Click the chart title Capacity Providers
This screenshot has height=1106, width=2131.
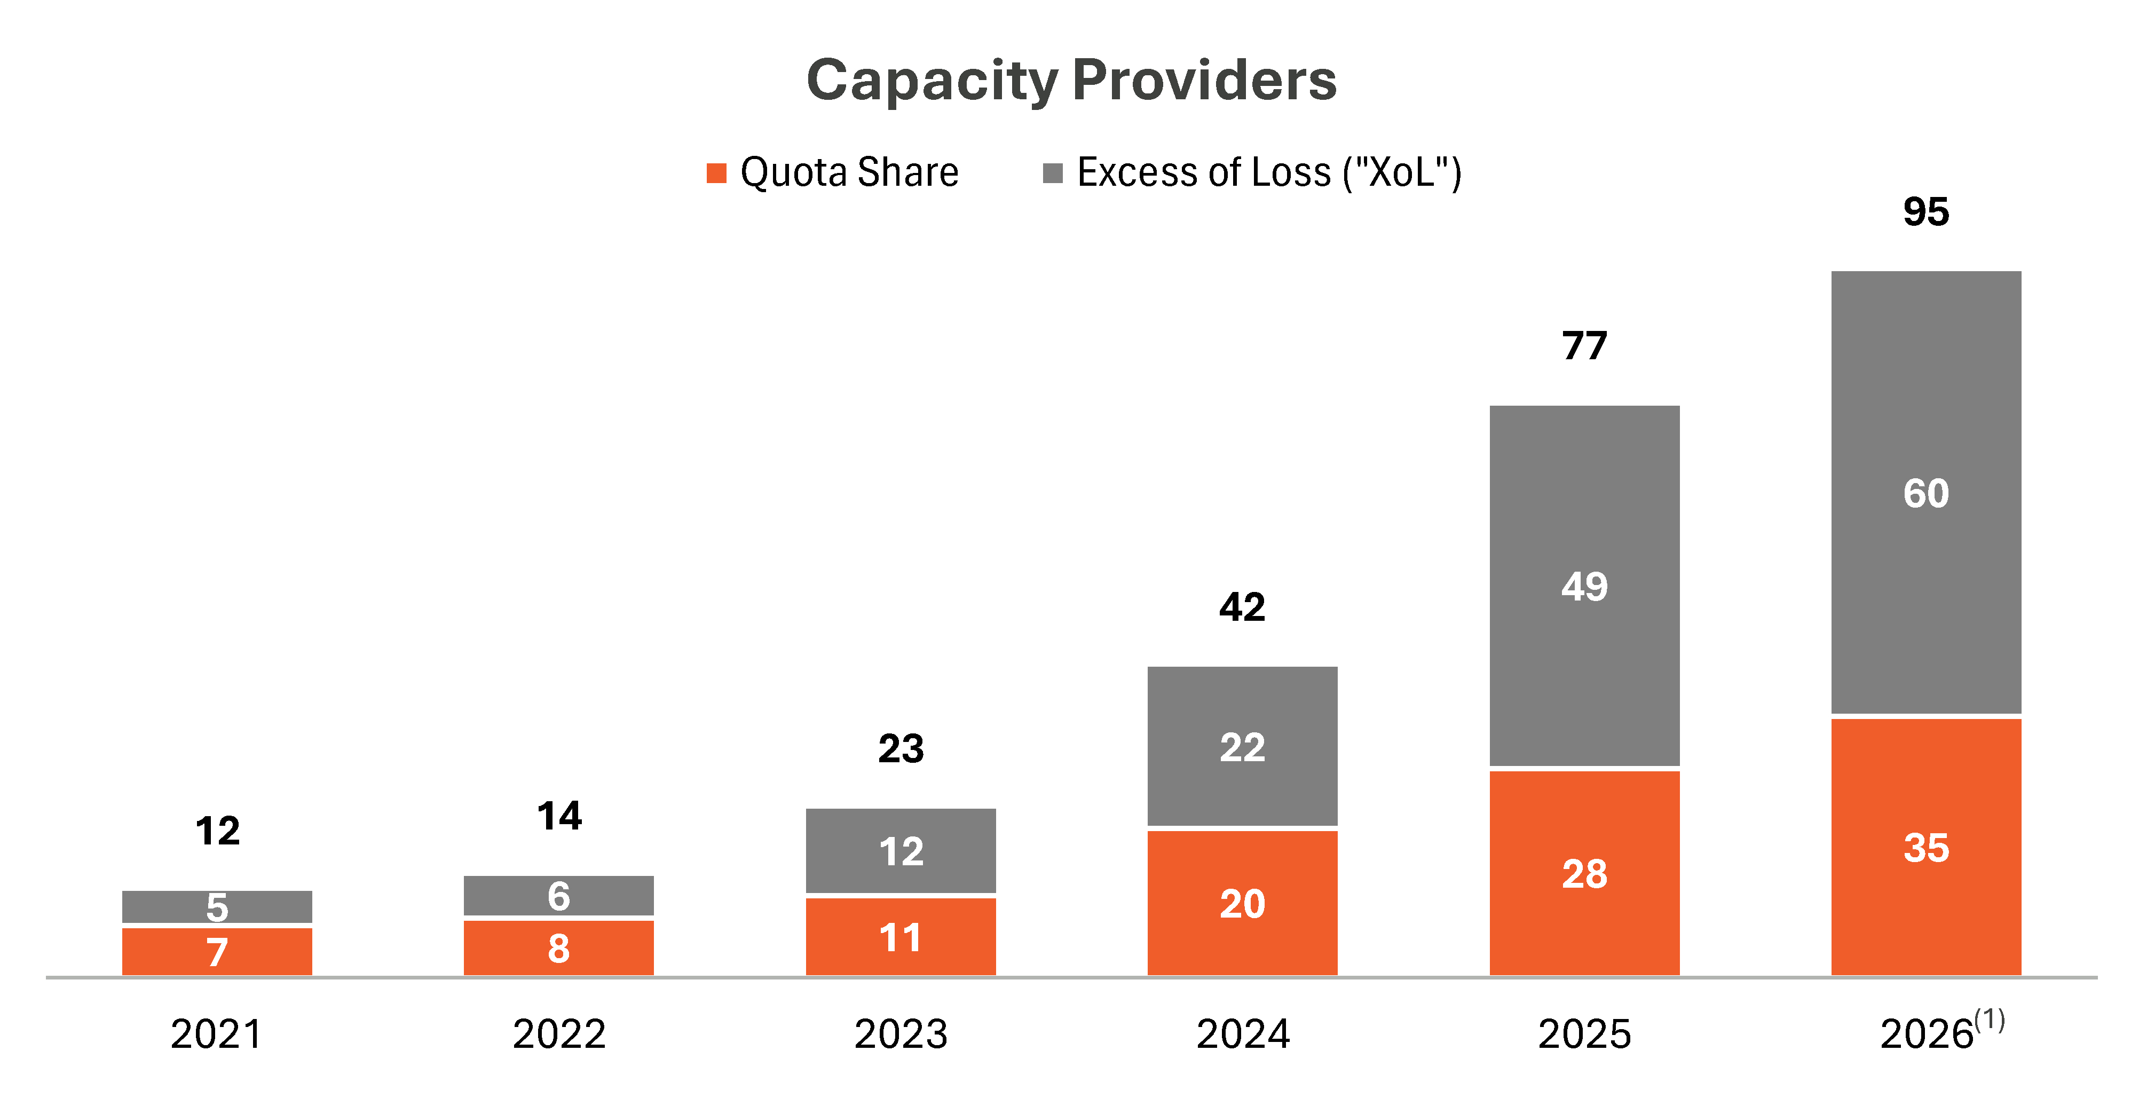[1071, 81]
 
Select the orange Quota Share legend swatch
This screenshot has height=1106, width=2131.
[716, 173]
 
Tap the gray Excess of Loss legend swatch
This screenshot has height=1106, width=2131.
[1053, 173]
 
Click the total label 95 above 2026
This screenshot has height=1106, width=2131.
[1926, 212]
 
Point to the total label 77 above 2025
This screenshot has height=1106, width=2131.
[1584, 346]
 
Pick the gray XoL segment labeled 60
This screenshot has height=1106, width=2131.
[1926, 492]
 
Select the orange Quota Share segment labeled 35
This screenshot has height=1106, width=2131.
[1926, 847]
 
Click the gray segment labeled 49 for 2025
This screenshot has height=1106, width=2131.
[1584, 586]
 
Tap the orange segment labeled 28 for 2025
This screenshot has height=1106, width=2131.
[1584, 874]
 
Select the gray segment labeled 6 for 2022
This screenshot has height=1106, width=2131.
[558, 896]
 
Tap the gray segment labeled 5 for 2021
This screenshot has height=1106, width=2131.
[217, 907]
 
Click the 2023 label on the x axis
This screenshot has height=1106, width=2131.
[901, 1034]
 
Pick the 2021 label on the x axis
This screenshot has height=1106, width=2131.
[217, 1034]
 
